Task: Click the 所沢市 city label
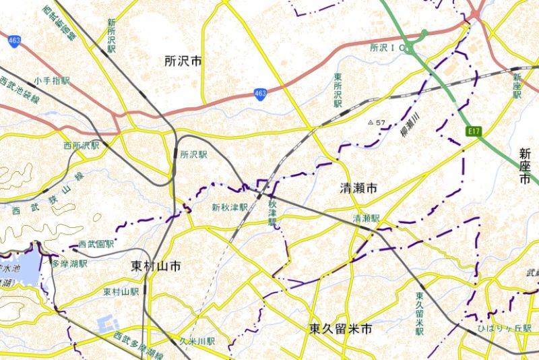point(183,61)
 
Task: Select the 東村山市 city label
point(156,266)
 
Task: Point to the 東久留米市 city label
point(341,330)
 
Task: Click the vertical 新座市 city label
point(526,167)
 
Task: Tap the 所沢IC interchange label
point(389,48)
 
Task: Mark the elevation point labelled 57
point(377,123)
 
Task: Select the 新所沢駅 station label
point(111,35)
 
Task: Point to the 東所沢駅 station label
point(338,91)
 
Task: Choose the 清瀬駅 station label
point(367,218)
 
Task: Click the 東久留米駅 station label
point(420,314)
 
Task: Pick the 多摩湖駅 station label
point(70,263)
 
